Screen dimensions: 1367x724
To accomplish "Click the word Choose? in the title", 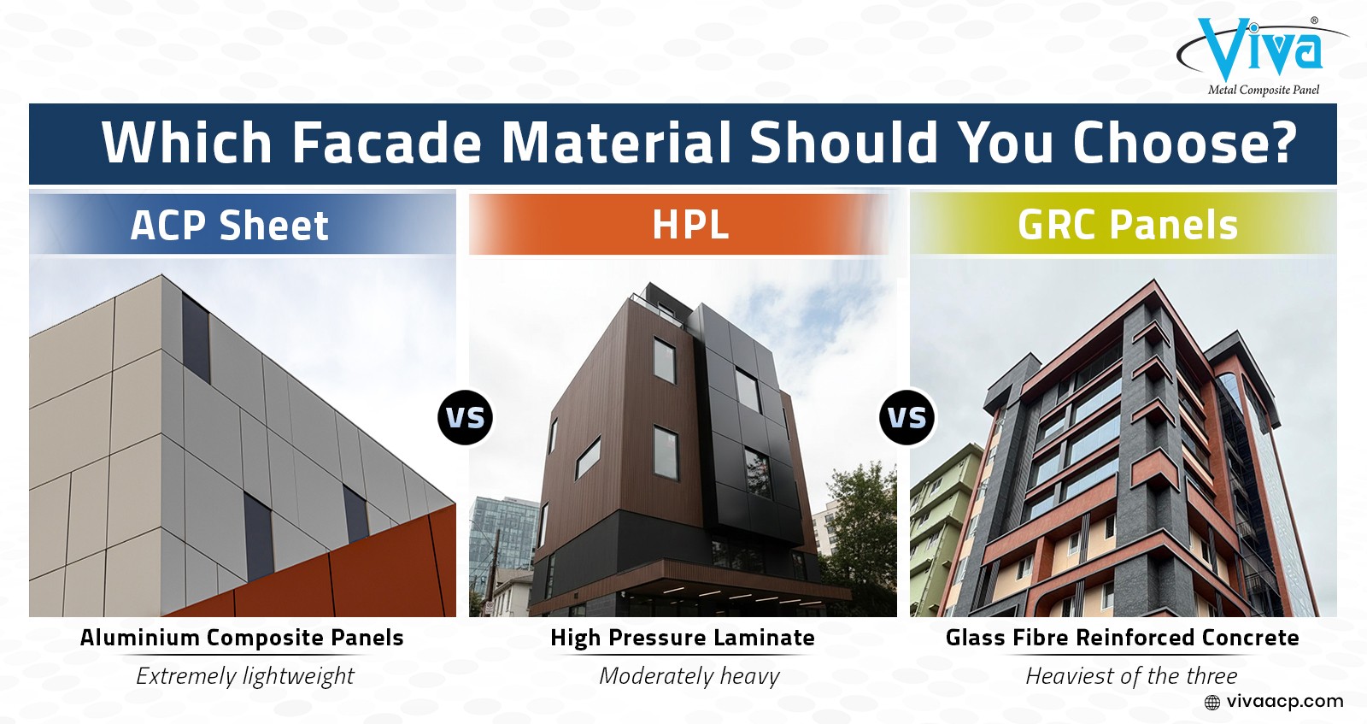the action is coord(1185,143).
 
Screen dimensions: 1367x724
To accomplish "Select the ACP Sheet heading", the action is coord(230,226).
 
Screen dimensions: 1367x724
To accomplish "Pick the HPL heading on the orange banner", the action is coord(690,225).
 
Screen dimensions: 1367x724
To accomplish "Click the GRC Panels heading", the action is coord(1128,225).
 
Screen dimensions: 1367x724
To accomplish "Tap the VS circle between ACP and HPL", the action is coord(465,417).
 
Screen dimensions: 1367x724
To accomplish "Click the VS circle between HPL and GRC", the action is coord(906,417).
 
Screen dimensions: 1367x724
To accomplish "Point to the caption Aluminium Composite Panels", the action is coord(242,638).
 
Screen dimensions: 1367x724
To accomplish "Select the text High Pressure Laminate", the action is coord(683,638).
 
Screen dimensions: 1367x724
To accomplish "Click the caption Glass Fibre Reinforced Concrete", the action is coord(1123,638).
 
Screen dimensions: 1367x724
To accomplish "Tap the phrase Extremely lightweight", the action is coord(244,676).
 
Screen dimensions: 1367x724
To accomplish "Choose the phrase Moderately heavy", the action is coord(689,676).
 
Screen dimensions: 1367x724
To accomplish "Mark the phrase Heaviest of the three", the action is coord(1131,676).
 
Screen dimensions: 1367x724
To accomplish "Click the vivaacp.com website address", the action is coord(1285,702).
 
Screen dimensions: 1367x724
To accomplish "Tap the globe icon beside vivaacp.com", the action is coord(1212,703).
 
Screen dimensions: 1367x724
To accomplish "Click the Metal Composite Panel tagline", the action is coord(1264,91).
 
